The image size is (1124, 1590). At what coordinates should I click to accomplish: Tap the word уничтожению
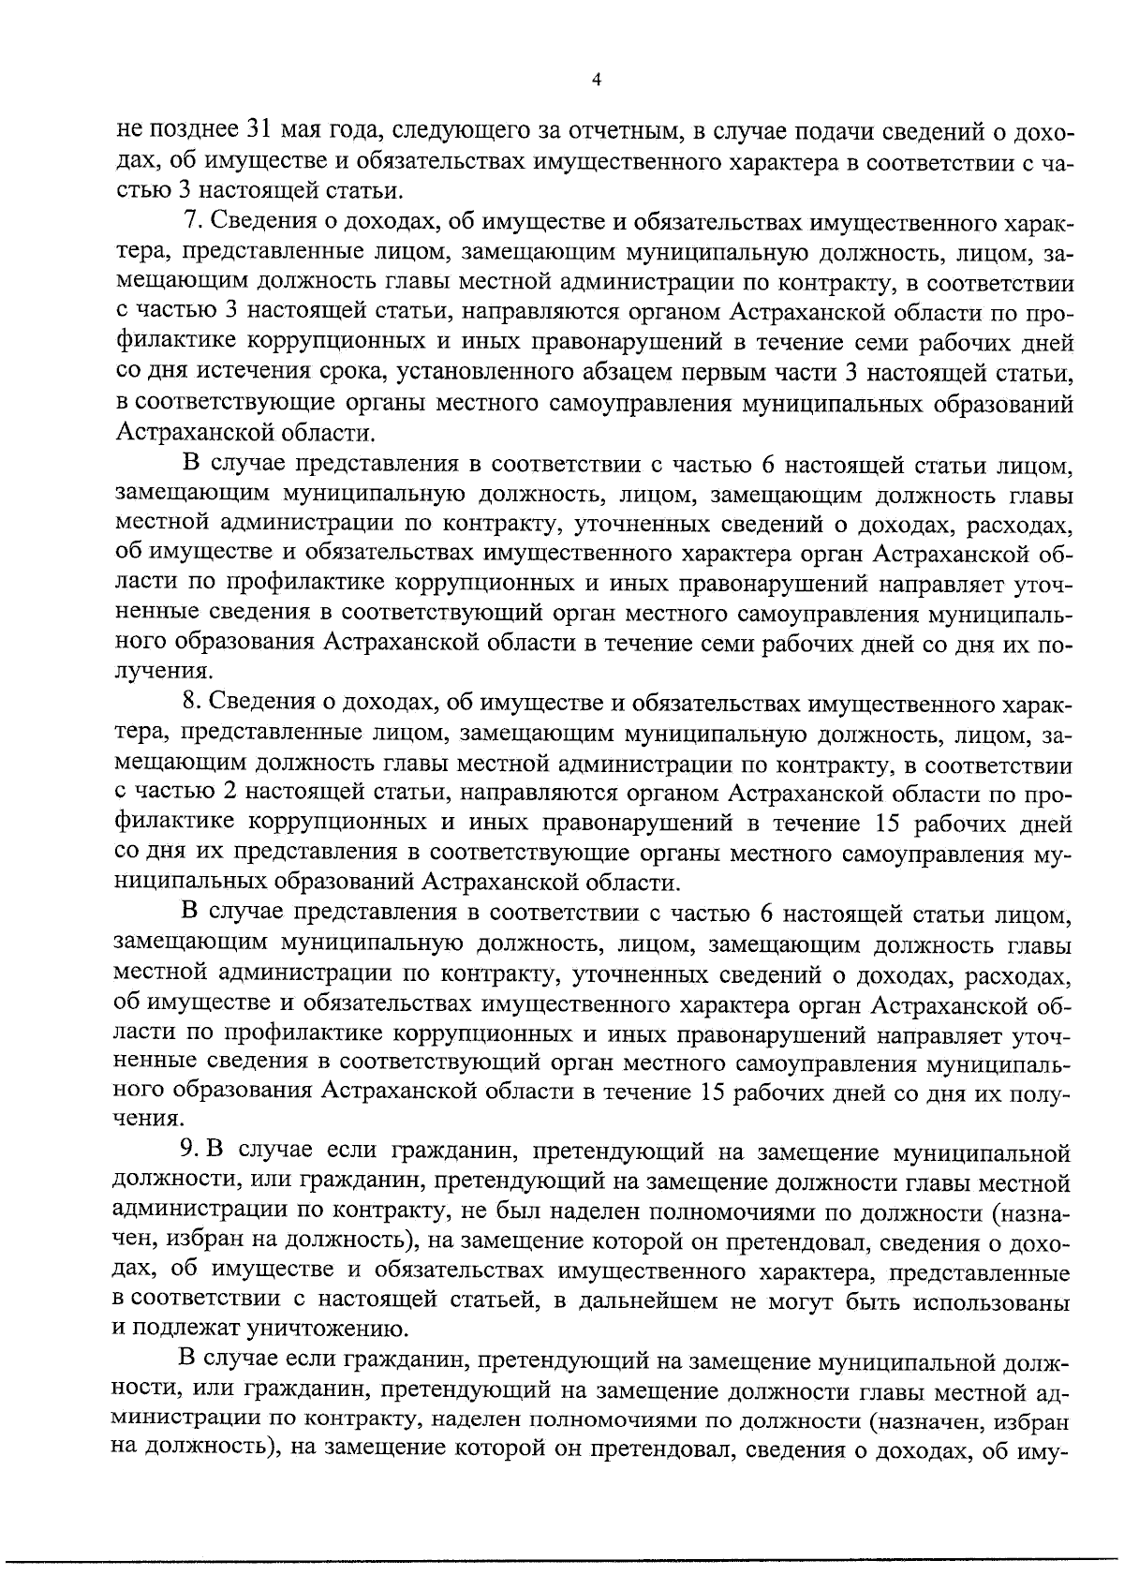pos(311,1329)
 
